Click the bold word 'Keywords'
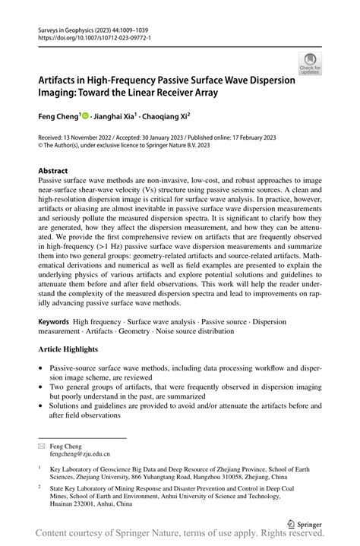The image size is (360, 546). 55,322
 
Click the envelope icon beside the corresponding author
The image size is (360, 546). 43,447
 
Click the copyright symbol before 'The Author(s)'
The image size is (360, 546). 41,146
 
